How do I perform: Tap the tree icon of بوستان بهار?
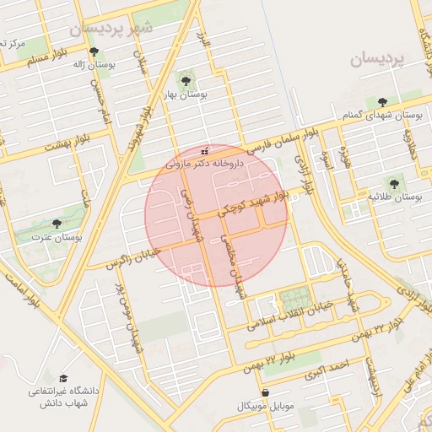[x=186, y=81]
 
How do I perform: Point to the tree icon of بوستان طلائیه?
[x=393, y=181]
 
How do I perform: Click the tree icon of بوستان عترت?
[x=57, y=224]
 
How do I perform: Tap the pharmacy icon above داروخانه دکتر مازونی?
[x=204, y=151]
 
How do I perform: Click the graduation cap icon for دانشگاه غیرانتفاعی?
[x=63, y=381]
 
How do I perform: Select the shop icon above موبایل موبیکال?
[x=267, y=392]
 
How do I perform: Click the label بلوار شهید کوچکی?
[x=253, y=202]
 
